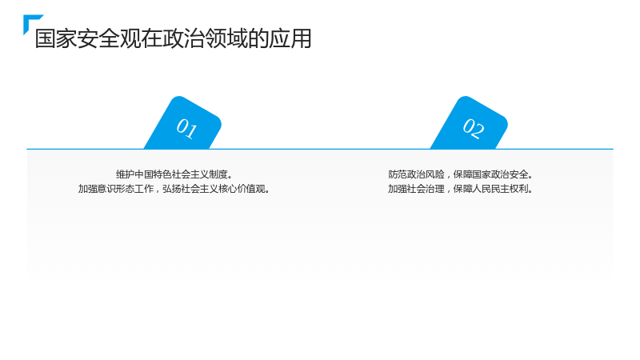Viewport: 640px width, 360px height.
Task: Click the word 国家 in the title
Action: [56, 38]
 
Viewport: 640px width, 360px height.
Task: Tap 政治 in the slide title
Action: [184, 38]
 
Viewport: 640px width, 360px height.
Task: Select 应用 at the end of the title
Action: [290, 38]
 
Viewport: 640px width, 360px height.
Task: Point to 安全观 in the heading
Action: [110, 38]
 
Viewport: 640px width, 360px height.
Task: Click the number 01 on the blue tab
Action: [186, 128]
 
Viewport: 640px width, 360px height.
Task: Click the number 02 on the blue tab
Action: [474, 128]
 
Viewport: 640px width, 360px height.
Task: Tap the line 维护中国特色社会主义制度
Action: [174, 174]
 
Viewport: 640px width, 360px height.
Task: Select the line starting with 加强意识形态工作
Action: [174, 189]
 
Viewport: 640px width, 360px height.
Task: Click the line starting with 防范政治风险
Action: [461, 174]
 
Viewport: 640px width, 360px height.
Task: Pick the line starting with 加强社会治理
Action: [461, 189]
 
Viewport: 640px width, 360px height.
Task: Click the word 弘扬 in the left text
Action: [172, 189]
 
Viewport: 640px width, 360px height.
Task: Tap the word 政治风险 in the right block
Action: [426, 174]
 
